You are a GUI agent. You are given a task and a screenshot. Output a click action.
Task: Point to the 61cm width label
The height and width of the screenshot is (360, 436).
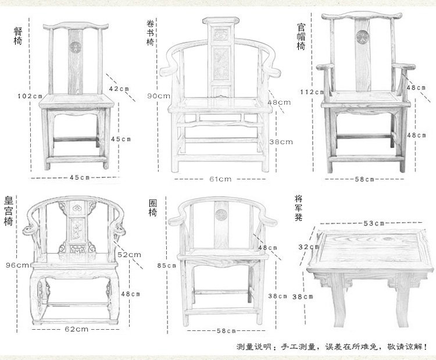coord(220,179)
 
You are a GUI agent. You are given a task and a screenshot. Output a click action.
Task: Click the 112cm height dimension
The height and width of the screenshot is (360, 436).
coord(311,92)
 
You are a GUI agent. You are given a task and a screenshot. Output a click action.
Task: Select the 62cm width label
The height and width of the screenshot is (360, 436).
coord(76,329)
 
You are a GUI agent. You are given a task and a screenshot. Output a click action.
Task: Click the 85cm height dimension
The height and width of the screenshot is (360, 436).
coord(166,266)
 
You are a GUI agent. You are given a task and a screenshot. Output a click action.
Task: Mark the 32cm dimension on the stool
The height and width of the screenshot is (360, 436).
coord(306,247)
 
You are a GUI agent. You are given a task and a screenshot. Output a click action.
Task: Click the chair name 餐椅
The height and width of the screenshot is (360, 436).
coord(17,36)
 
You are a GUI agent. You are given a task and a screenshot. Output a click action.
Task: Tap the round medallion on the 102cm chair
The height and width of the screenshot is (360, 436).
coord(74,46)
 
